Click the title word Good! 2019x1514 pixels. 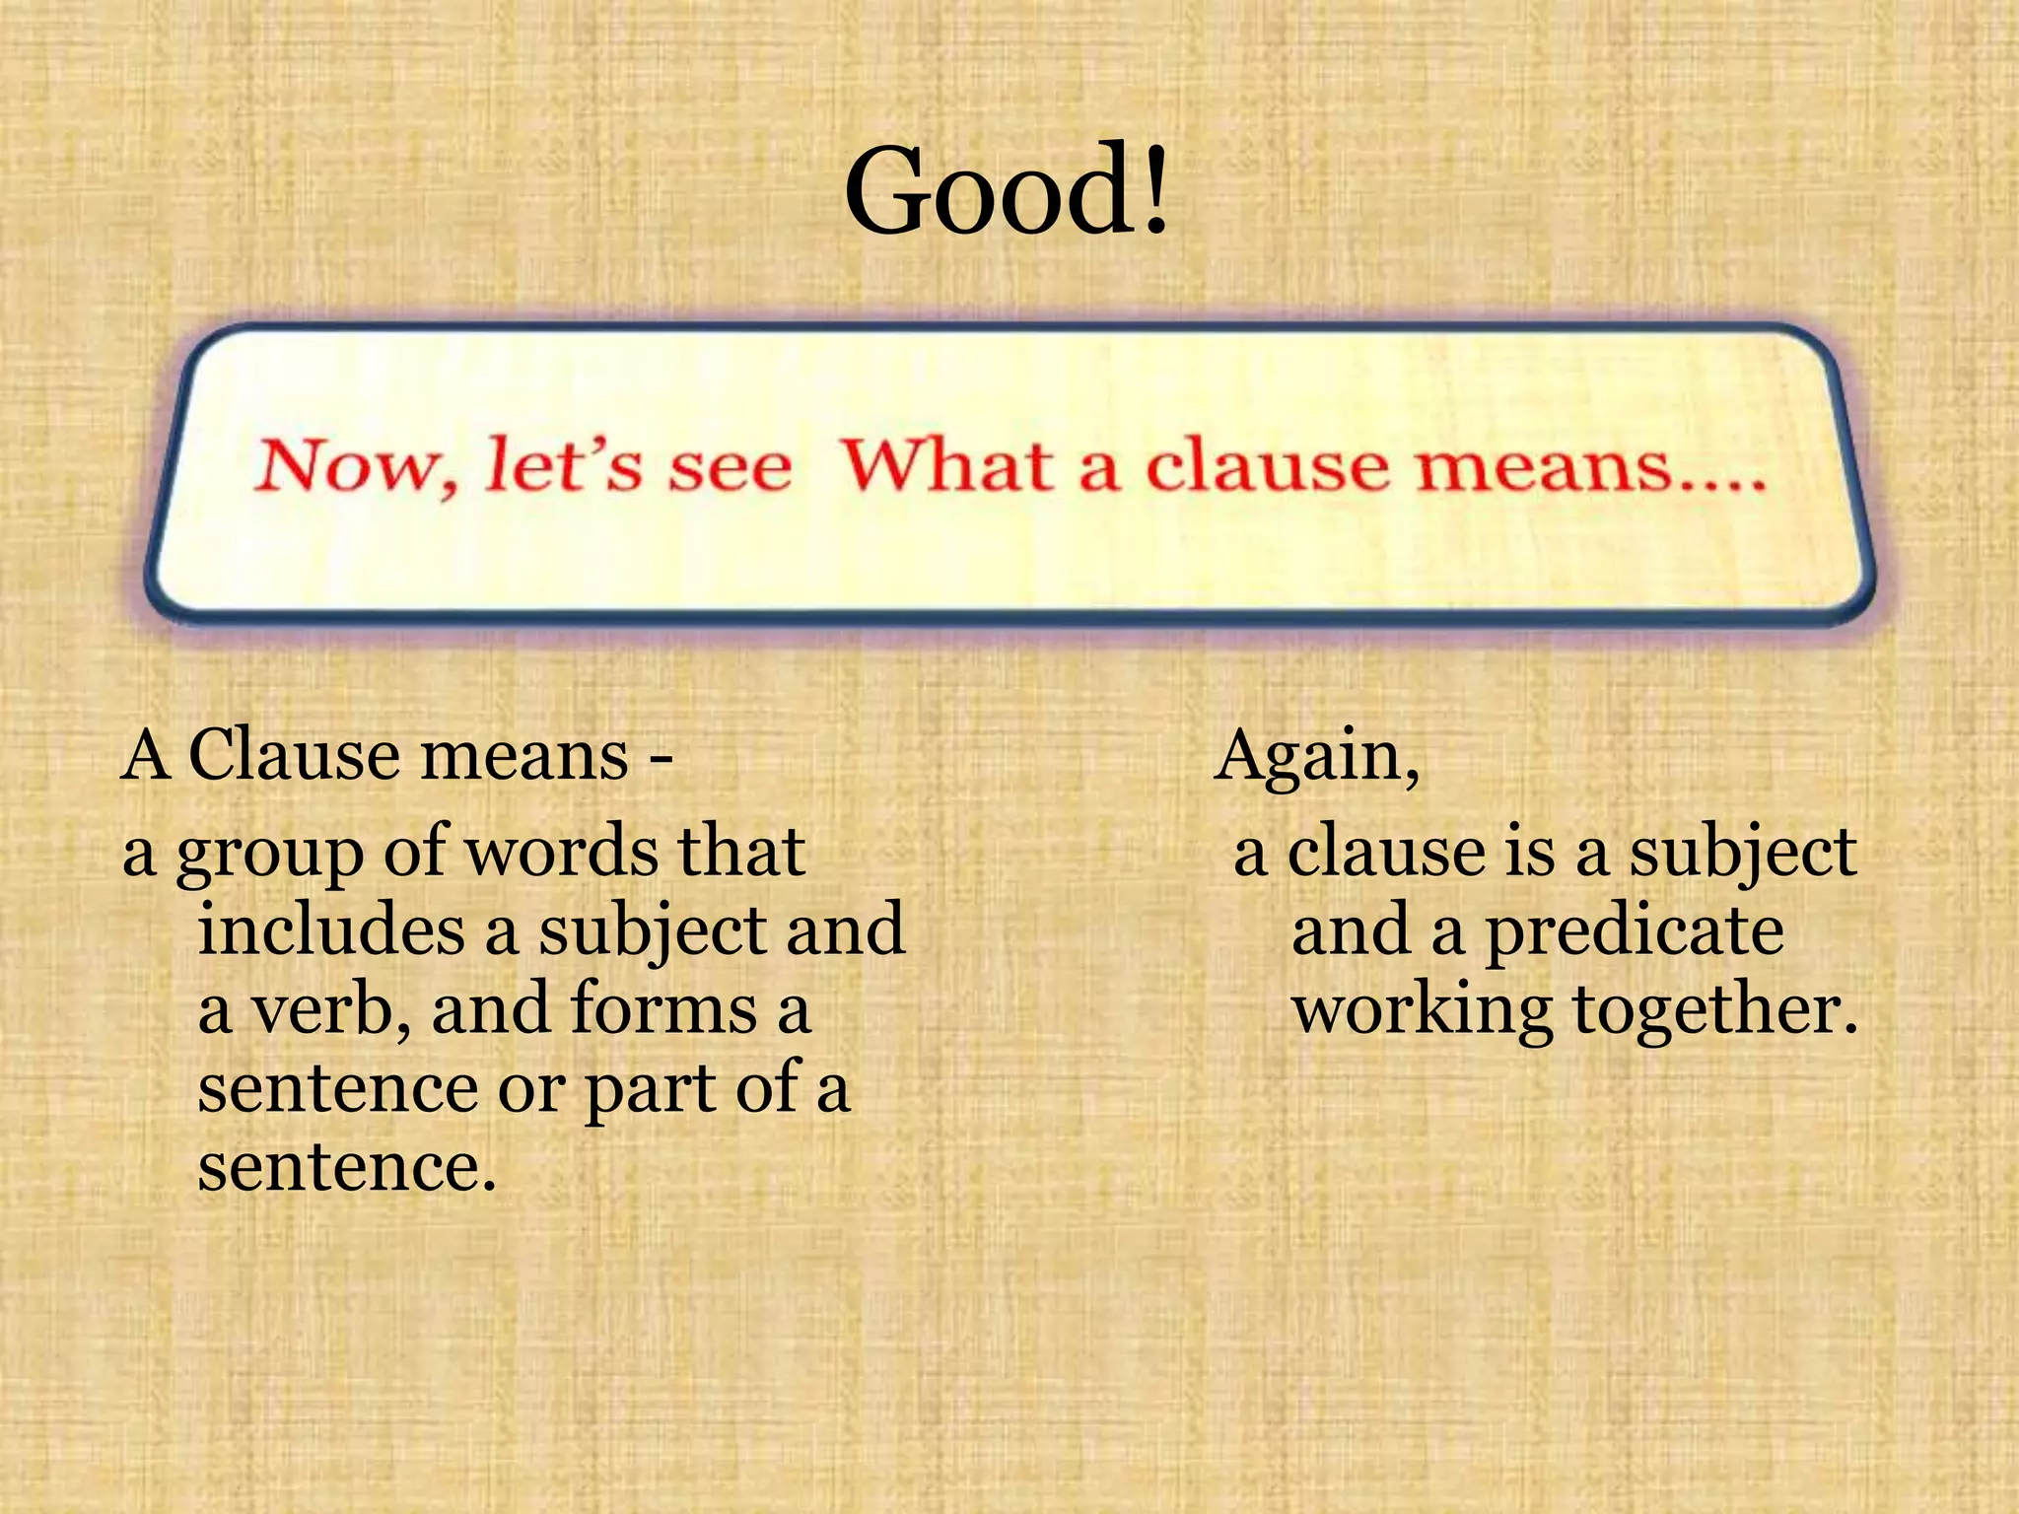[x=1007, y=189]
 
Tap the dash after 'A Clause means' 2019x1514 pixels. [x=662, y=761]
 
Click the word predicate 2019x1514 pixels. [x=1635, y=930]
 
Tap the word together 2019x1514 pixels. [x=1713, y=1011]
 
